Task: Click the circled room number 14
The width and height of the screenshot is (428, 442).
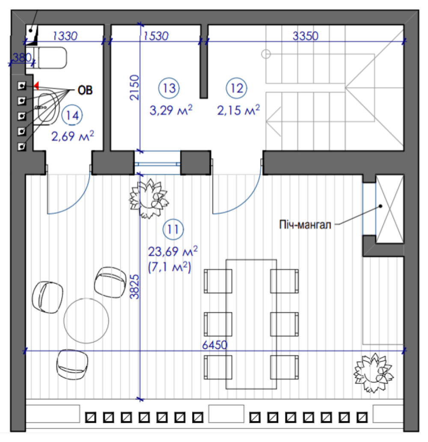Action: tap(72, 115)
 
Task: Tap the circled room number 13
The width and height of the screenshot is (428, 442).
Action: tap(169, 88)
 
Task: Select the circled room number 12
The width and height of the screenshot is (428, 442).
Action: tap(236, 88)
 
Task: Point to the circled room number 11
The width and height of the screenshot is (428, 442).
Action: tap(173, 230)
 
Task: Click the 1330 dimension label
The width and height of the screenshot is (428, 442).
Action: tap(65, 36)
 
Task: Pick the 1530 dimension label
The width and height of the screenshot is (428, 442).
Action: tap(156, 36)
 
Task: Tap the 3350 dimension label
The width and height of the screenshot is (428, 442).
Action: tap(306, 36)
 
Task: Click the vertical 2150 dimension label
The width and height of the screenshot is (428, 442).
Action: tap(135, 87)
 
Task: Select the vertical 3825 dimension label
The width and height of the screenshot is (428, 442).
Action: tap(135, 287)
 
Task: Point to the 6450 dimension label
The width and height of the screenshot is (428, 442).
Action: tap(215, 345)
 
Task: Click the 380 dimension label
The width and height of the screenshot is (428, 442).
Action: tap(22, 58)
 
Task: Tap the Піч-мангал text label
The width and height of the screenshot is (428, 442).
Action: tap(305, 225)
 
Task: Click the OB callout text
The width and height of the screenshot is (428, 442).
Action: tap(85, 90)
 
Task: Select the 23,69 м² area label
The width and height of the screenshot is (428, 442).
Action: tap(173, 251)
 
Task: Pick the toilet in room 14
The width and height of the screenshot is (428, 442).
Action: tap(50, 58)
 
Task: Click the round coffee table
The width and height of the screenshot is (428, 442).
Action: tap(86, 321)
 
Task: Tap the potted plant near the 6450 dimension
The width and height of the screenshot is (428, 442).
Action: tap(374, 373)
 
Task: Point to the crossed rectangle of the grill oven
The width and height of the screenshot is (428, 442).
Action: tap(389, 209)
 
